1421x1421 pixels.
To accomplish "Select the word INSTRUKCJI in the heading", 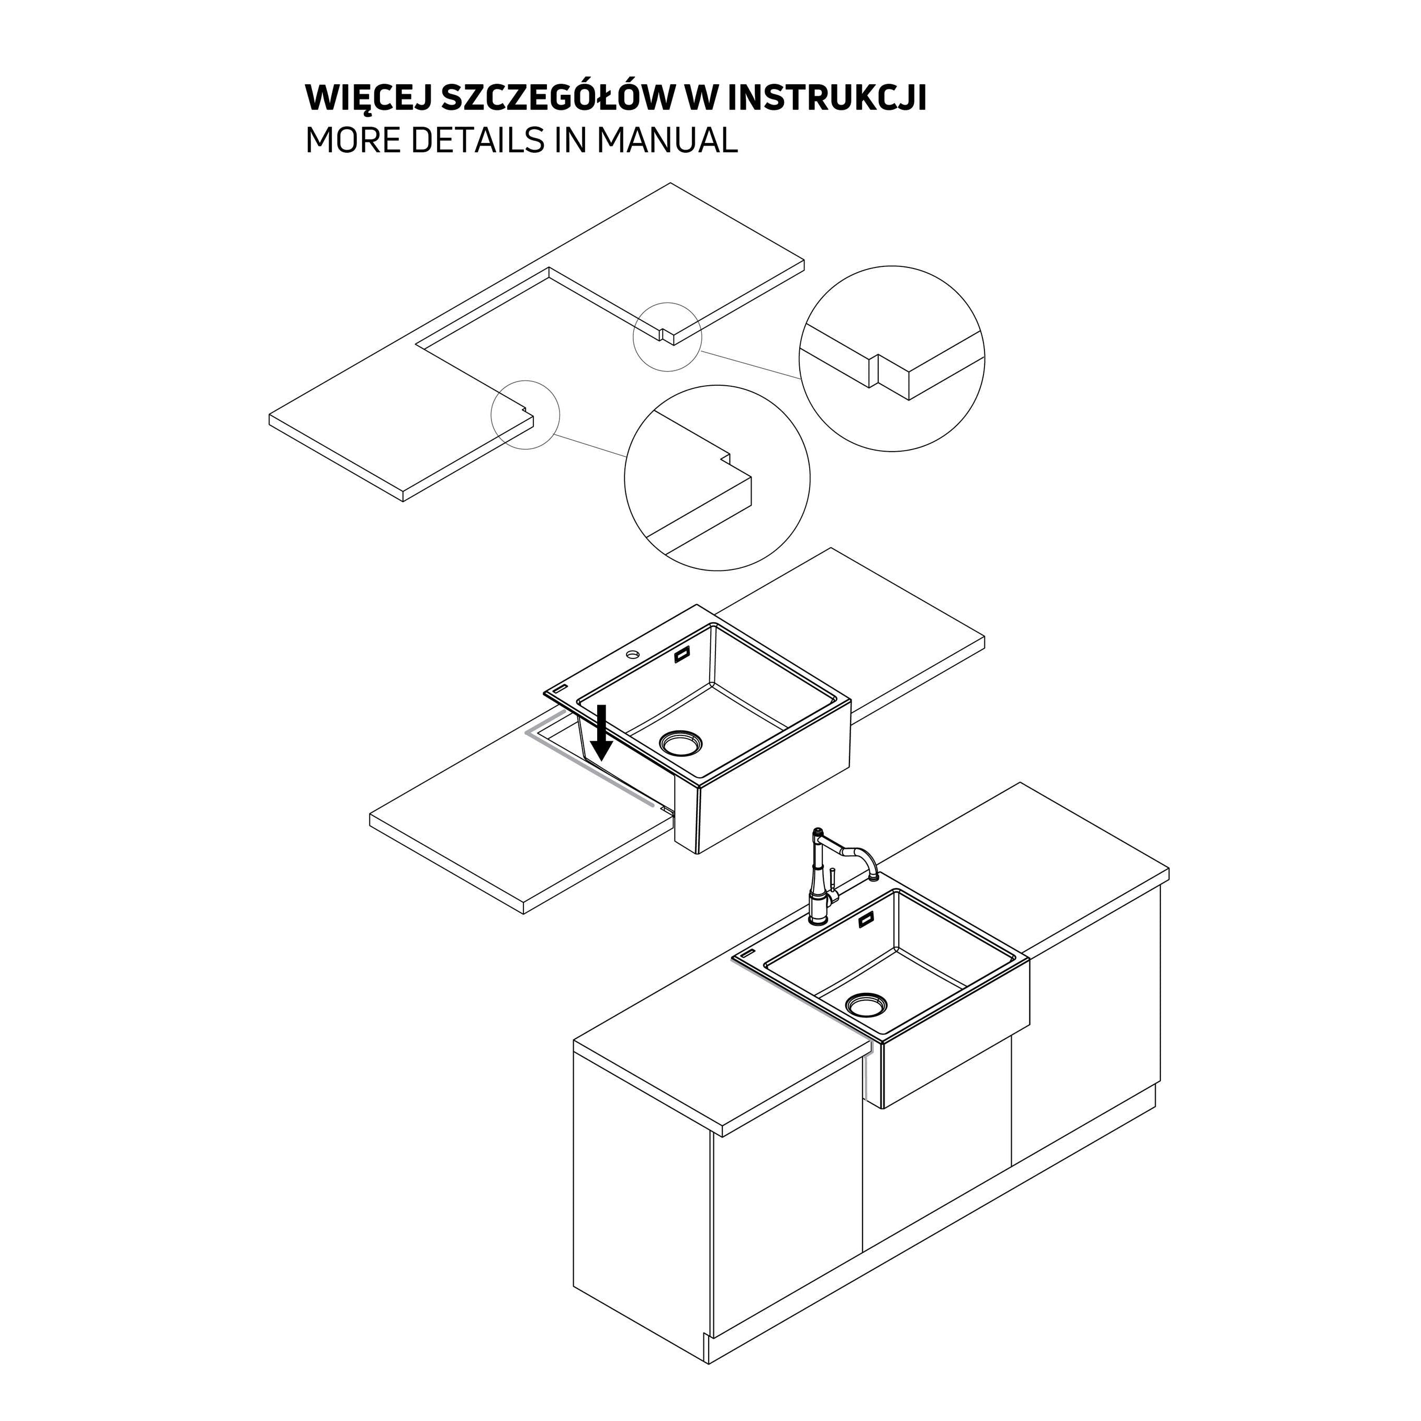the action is pos(827,98).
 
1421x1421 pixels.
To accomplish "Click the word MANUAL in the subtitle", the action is pos(666,140).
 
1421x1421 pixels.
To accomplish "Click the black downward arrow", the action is pos(602,733).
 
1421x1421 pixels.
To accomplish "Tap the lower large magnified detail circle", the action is pos(717,385).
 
